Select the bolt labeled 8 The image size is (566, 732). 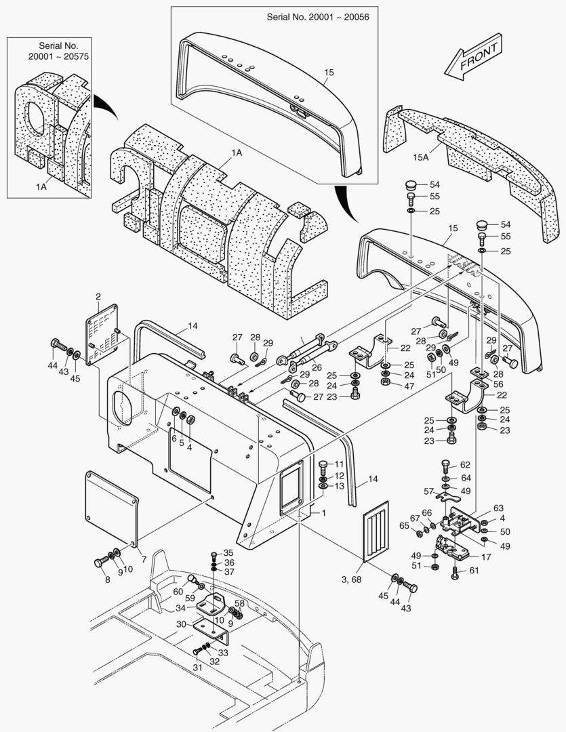[x=101, y=562]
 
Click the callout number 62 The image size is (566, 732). [x=465, y=465]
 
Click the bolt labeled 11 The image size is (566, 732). [x=323, y=465]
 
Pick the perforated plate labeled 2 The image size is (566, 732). [x=102, y=335]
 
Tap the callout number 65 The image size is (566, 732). [x=404, y=525]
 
